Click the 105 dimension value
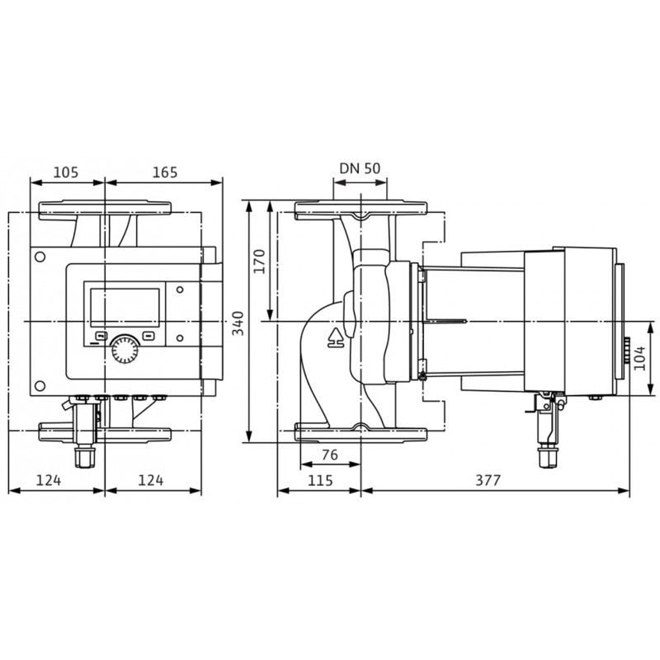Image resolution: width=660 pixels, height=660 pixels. tap(67, 172)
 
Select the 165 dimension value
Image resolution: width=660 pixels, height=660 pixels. tap(165, 172)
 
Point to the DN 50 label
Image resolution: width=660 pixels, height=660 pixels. tap(360, 168)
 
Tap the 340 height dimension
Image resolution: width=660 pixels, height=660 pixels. tap(238, 323)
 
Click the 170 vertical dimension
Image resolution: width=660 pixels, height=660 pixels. tap(260, 262)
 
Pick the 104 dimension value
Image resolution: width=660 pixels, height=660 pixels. tap(639, 358)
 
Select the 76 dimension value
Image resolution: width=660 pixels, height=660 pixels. tap(330, 455)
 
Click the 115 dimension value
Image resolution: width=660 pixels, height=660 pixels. tap(320, 480)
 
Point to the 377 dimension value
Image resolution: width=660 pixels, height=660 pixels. tap(488, 480)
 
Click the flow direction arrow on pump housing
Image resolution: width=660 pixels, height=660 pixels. tap(336, 337)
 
